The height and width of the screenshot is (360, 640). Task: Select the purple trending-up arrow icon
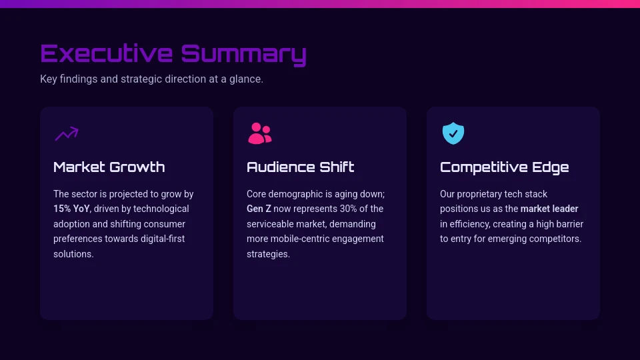(67, 134)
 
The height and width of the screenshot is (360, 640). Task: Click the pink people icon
(259, 133)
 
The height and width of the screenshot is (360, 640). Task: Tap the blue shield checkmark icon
(453, 133)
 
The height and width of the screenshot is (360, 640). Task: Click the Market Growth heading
(109, 167)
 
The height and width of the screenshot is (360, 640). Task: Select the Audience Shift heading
(300, 167)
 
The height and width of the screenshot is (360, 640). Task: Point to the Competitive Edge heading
(504, 167)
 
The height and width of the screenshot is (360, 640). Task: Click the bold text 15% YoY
(71, 209)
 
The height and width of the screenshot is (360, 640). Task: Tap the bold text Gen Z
(259, 209)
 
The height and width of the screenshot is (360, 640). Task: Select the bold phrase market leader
(549, 209)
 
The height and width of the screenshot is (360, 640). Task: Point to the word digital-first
(159, 239)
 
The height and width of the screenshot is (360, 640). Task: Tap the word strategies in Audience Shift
(267, 254)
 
